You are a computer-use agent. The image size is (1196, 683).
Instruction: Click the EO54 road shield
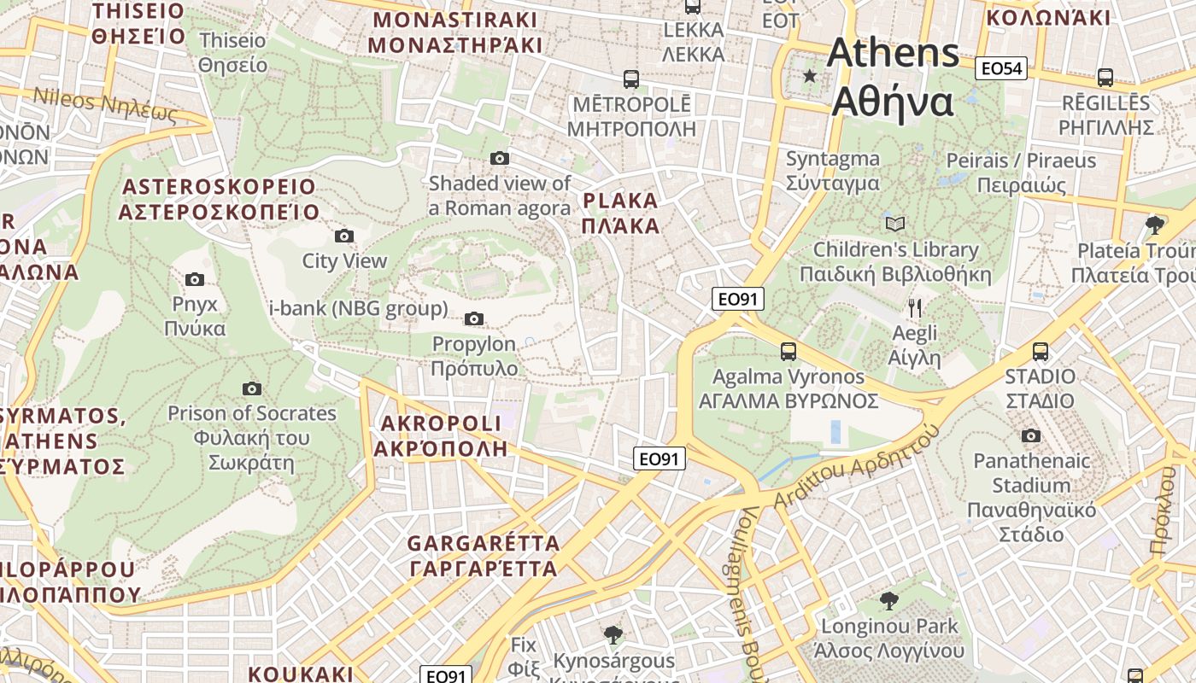tap(1001, 69)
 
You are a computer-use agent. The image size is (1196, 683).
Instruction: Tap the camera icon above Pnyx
tap(195, 279)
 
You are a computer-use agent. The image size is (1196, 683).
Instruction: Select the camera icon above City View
tap(344, 236)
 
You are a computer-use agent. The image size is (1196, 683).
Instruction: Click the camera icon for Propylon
tap(474, 319)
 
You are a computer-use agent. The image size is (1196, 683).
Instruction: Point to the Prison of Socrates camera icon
tap(252, 388)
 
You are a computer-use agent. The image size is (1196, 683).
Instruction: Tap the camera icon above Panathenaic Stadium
tap(1031, 435)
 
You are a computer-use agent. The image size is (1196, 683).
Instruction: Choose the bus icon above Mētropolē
tap(631, 79)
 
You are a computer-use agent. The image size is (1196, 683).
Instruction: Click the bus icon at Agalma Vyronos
tap(788, 351)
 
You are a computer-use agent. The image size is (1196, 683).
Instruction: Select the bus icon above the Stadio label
tap(1041, 351)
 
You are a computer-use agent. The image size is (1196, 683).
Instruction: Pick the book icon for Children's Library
tap(895, 224)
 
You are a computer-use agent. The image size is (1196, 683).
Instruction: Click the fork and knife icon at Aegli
tap(915, 308)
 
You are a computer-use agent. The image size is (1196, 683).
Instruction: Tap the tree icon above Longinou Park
tap(888, 600)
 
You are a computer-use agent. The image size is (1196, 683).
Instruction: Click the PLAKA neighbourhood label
tap(620, 213)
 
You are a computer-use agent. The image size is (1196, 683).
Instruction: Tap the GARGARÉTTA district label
tap(484, 556)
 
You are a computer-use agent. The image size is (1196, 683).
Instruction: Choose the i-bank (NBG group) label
tap(358, 308)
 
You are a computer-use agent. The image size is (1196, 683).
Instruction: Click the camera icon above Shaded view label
tap(500, 158)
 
